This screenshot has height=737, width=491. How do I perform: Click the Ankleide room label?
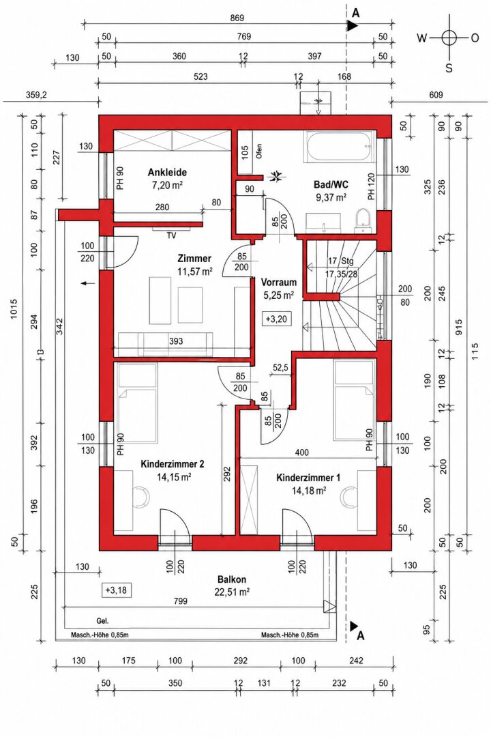[167, 172]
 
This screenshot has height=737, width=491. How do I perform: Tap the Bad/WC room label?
[331, 185]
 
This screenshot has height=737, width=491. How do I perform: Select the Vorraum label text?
[279, 283]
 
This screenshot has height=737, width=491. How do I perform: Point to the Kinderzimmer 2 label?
[172, 465]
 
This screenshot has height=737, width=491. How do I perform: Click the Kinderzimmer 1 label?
[308, 478]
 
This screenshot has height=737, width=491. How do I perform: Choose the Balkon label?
[232, 579]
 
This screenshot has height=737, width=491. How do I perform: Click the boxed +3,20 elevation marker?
[276, 319]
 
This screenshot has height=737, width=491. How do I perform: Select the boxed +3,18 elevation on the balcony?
[116, 590]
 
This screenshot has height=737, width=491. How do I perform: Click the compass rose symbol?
[449, 37]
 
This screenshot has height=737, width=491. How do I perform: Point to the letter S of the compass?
[449, 69]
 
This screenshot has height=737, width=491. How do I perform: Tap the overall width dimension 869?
[237, 18]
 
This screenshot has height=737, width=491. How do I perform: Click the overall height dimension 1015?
[14, 308]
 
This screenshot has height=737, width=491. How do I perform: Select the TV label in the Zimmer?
[171, 236]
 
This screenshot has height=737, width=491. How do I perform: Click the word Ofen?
[259, 151]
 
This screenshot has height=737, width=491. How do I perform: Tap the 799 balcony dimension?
[180, 601]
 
